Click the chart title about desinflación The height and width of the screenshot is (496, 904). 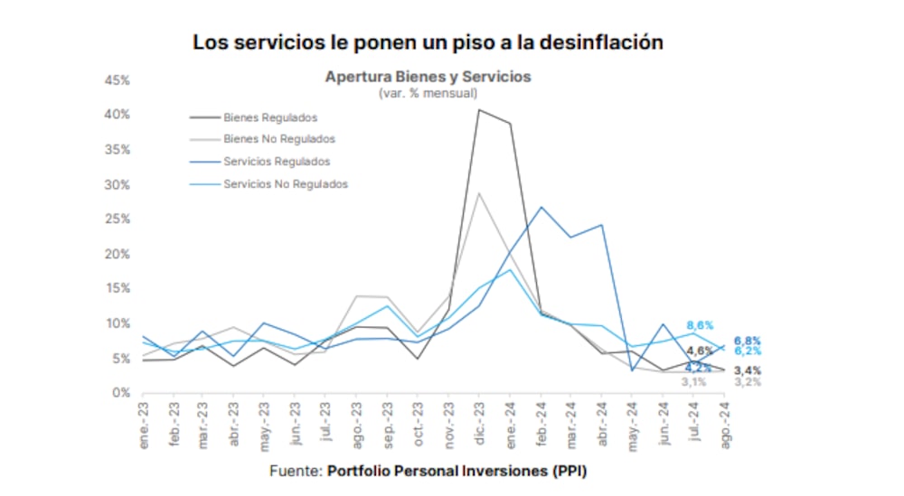(428, 42)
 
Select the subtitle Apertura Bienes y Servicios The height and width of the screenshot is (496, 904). (428, 77)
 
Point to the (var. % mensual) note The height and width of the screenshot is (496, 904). (428, 92)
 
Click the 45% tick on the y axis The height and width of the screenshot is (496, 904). (118, 80)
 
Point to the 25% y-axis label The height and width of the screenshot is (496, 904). (118, 220)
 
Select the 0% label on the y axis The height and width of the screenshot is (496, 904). (122, 393)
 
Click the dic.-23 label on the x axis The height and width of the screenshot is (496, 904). (479, 423)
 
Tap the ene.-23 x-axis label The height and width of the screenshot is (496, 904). (144, 423)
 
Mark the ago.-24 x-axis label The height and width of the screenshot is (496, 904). (723, 421)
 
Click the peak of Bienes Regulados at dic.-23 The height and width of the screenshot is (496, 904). (479, 110)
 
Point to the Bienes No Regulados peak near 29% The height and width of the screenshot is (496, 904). (479, 192)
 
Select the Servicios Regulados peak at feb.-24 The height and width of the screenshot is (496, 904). (541, 207)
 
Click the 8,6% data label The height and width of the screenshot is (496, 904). (700, 324)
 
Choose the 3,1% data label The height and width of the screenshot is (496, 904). (693, 381)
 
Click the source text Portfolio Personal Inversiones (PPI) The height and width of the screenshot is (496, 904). (463, 471)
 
